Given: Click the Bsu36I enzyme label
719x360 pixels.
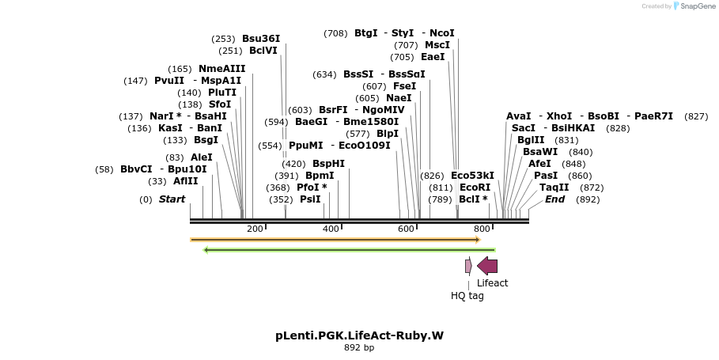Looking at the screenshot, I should pyautogui.click(x=261, y=38).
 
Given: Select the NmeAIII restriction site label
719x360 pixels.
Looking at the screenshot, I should pyautogui.click(x=222, y=69).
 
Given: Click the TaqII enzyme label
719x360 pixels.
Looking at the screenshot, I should pyautogui.click(x=554, y=188).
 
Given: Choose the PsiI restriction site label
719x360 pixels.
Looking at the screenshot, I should pyautogui.click(x=310, y=199).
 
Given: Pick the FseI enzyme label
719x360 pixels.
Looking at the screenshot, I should pyautogui.click(x=404, y=86).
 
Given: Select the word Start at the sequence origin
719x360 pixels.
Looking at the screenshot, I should pyautogui.click(x=172, y=199).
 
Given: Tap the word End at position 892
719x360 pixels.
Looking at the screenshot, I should pyautogui.click(x=555, y=199).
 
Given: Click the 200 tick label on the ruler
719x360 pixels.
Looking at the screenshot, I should pyautogui.click(x=255, y=229).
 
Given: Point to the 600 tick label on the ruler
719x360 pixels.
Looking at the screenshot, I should pyautogui.click(x=406, y=229).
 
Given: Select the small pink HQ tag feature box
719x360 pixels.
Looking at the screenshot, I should pyautogui.click(x=468, y=267).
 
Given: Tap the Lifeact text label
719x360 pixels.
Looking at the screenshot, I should pyautogui.click(x=492, y=283).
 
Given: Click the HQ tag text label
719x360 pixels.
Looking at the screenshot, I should pyautogui.click(x=467, y=296).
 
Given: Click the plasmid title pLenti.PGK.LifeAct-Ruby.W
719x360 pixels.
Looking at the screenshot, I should pyautogui.click(x=359, y=335).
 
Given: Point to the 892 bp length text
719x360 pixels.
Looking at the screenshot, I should pyautogui.click(x=359, y=347).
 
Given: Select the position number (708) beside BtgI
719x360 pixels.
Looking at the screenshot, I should pyautogui.click(x=335, y=33).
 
